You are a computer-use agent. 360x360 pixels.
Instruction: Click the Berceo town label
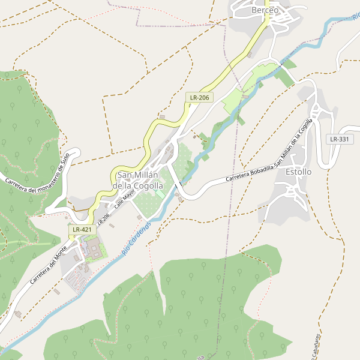pos(265,10)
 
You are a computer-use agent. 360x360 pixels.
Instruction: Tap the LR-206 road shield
pos(199,97)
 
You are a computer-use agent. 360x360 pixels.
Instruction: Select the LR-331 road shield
pos(339,139)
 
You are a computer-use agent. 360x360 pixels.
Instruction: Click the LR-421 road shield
pos(82,229)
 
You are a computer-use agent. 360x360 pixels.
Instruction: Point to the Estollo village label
pos(299,172)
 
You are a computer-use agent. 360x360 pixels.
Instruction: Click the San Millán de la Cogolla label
pos(138,181)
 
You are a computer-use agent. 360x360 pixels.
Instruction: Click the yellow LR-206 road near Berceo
pos(255,39)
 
